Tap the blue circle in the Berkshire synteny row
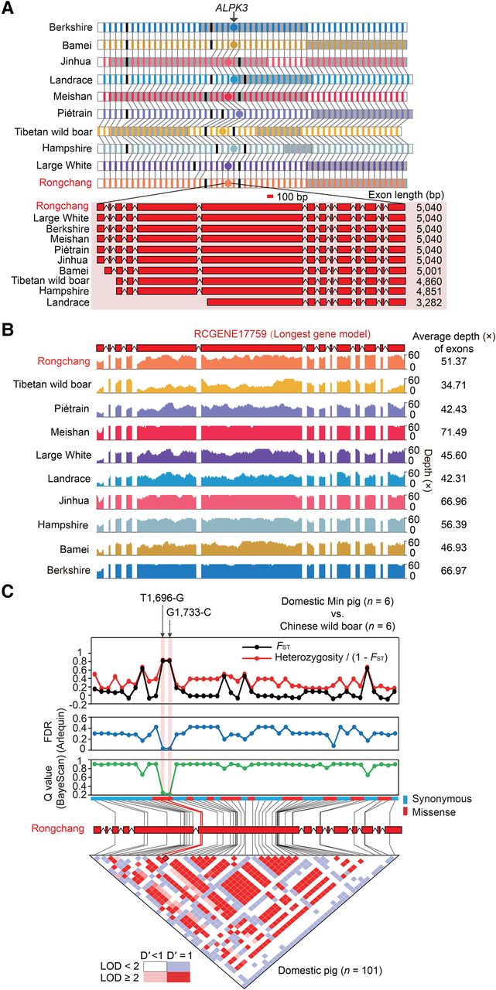click(x=234, y=27)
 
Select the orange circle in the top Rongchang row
click(x=227, y=183)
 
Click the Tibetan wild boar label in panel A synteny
click(x=53, y=131)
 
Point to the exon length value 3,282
click(x=429, y=302)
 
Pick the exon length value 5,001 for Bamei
click(x=429, y=271)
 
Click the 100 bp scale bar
click(x=271, y=196)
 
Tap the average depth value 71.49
click(x=453, y=432)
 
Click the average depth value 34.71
click(x=453, y=385)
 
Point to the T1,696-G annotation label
click(x=162, y=599)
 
